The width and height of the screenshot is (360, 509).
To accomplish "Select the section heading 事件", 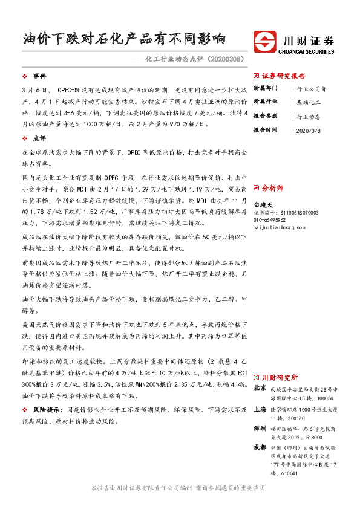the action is click(39, 76).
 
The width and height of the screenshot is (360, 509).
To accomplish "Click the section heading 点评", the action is click(39, 138).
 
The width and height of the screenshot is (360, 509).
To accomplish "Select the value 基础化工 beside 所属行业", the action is click(310, 102).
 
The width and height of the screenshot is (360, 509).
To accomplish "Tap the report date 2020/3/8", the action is click(310, 129).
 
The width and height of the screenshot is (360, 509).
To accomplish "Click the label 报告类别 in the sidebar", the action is click(265, 116).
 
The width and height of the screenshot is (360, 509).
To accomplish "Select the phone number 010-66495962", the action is click(274, 221).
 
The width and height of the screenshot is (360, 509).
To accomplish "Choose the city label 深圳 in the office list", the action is click(260, 428).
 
